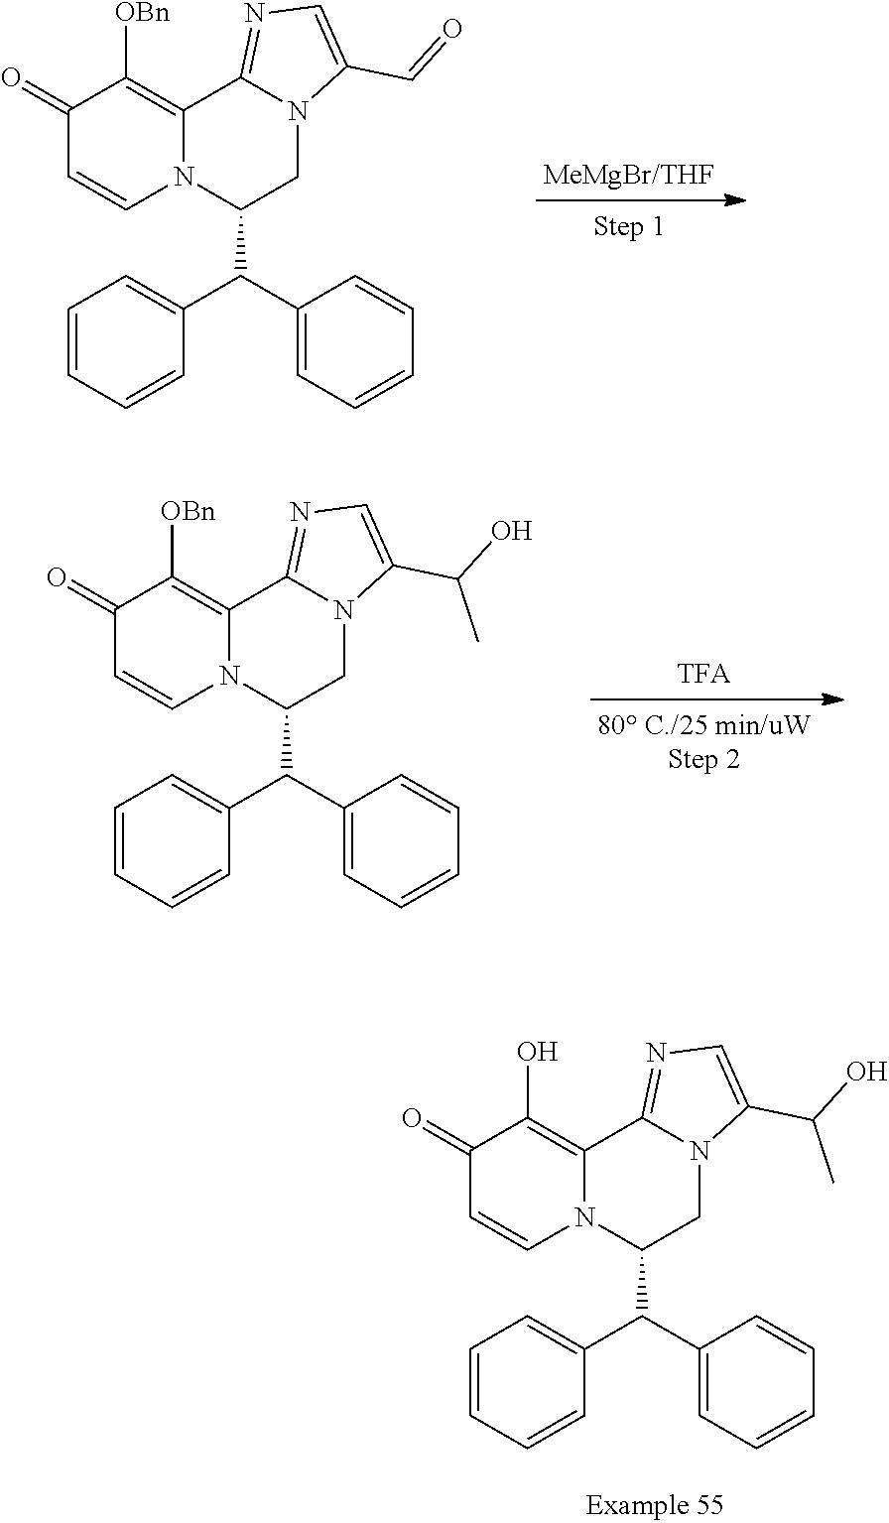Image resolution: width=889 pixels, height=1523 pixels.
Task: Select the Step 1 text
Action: click(x=628, y=227)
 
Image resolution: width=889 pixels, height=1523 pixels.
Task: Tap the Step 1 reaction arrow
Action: click(x=640, y=201)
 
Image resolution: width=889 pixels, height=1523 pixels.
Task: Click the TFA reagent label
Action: click(x=703, y=676)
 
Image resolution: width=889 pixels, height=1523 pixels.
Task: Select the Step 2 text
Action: click(x=702, y=761)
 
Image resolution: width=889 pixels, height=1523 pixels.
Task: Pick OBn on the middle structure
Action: click(x=188, y=512)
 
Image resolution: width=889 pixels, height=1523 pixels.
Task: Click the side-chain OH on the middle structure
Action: click(x=512, y=531)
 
